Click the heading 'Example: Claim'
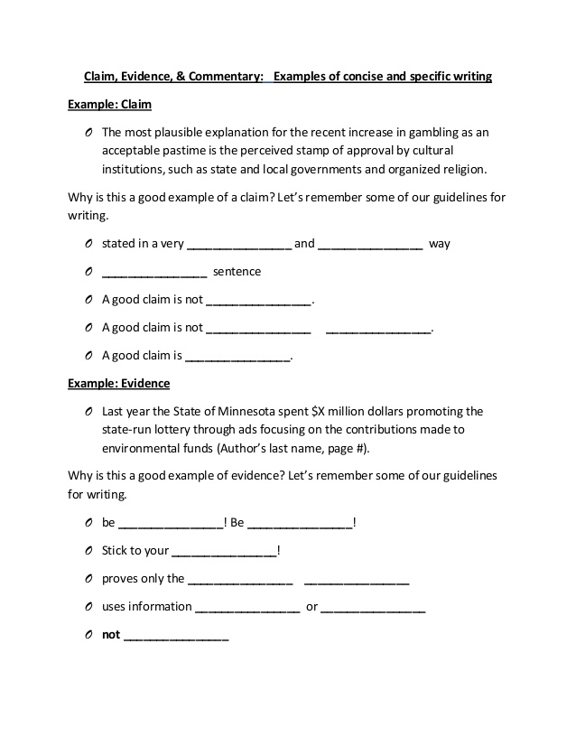[x=103, y=104]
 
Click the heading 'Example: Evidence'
[x=118, y=383]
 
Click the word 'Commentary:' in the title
[x=226, y=77]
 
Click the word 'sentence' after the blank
[x=237, y=271]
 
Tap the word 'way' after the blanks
[x=439, y=244]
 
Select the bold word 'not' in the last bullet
[x=111, y=634]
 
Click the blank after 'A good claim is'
[x=238, y=356]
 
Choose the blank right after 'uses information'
[x=247, y=607]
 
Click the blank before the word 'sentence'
[x=154, y=272]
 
